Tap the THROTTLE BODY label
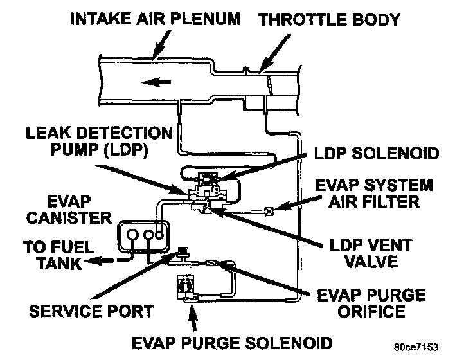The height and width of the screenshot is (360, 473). click(x=328, y=19)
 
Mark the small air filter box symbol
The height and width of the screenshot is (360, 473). click(x=271, y=210)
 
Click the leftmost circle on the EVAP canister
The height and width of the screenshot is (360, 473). click(x=133, y=234)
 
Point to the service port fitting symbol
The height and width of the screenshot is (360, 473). click(x=182, y=251)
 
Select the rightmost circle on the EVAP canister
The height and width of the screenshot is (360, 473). click(x=164, y=234)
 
